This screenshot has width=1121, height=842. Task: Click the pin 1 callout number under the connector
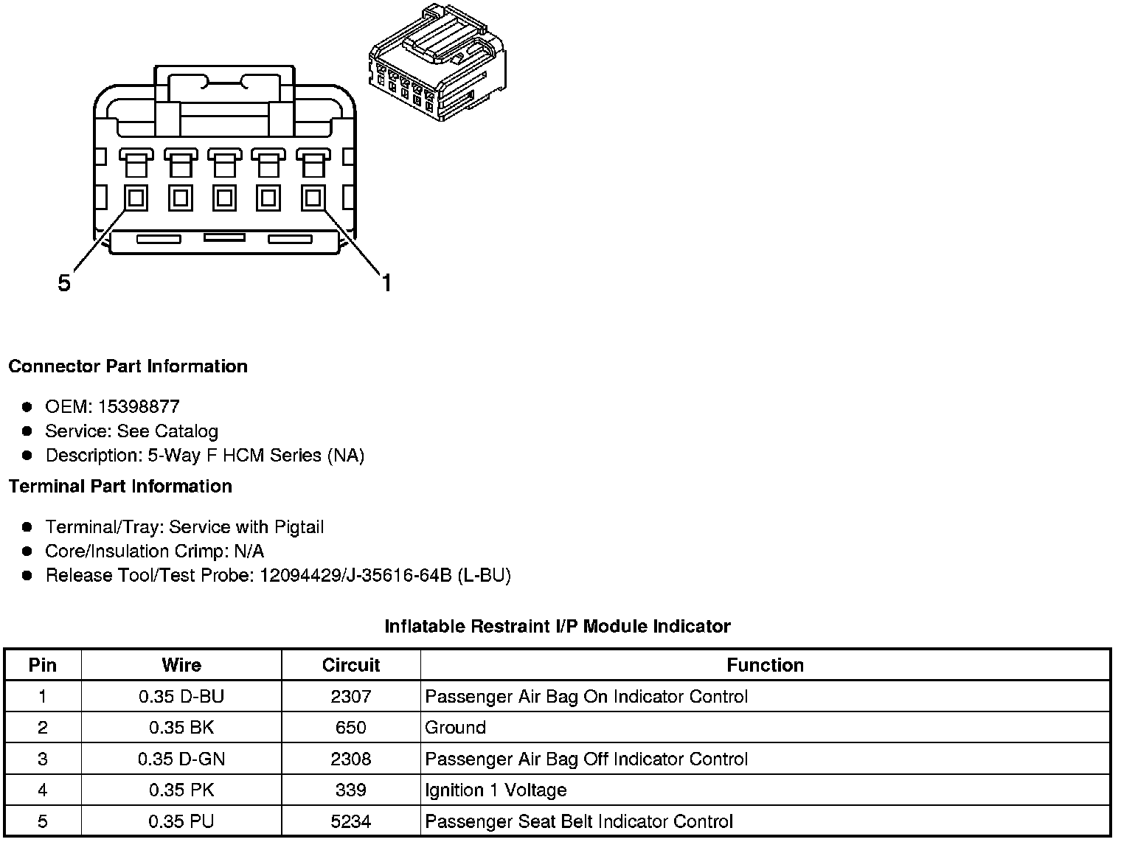386,282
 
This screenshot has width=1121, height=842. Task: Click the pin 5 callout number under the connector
65,283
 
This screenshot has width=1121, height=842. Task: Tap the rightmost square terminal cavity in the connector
313,198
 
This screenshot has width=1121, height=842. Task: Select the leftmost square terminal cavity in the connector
136,198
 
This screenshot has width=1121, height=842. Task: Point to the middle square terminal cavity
224,198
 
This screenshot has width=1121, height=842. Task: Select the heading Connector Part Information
128,366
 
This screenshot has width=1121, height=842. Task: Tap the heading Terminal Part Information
120,487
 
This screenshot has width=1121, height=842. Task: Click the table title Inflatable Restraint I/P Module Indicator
558,627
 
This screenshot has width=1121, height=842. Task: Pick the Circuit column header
350,665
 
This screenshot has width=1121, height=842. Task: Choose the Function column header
765,665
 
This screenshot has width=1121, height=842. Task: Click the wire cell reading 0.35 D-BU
181,697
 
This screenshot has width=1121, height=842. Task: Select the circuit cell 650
350,728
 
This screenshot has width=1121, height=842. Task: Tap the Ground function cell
455,728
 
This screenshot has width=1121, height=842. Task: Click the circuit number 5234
350,821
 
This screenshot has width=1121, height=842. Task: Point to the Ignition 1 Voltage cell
496,790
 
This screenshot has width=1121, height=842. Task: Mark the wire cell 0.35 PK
181,790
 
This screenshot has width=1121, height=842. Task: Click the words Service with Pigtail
246,527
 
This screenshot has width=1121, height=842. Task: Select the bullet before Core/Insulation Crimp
27,552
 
